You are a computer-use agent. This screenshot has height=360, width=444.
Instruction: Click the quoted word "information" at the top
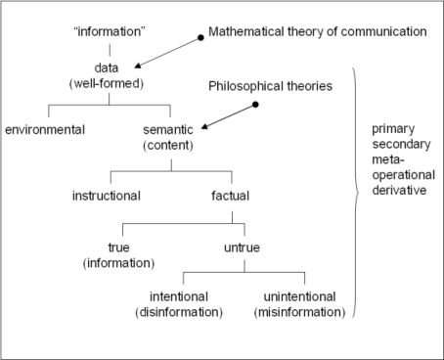[x=110, y=31]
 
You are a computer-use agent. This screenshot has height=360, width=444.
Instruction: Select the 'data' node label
[x=110, y=69]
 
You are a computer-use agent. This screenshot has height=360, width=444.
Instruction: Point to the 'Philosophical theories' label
[x=271, y=86]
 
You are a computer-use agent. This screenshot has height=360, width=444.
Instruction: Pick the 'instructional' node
[x=107, y=195]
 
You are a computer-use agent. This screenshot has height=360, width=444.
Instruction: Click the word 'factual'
[x=230, y=195]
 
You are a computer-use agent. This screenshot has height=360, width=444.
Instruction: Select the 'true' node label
[x=119, y=247]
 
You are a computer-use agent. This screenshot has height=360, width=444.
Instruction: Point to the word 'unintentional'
[x=303, y=297]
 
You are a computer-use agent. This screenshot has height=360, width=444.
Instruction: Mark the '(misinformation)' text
[x=303, y=313]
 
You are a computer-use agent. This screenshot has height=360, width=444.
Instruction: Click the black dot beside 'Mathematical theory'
[x=200, y=36]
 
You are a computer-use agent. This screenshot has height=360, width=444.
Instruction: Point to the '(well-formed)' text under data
[x=110, y=85]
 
